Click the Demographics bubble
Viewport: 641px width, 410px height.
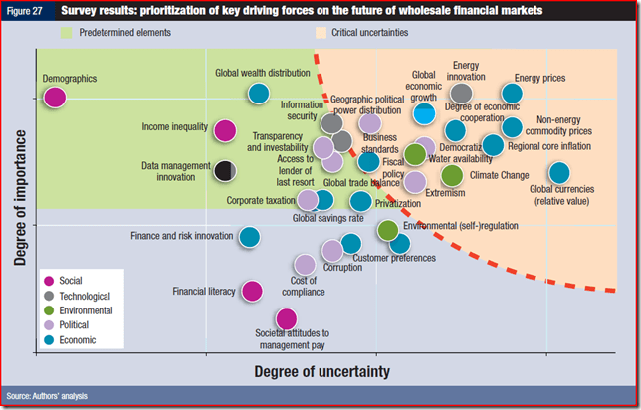pos(55,97)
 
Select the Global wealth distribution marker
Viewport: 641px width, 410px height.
pos(258,94)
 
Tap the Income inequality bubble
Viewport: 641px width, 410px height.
pos(225,129)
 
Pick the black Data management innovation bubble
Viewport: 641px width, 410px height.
pos(225,170)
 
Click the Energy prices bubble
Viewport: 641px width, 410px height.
pos(512,94)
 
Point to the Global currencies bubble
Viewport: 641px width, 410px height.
pos(559,173)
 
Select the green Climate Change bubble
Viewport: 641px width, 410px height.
pos(452,175)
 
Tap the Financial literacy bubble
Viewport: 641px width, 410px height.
pos(252,291)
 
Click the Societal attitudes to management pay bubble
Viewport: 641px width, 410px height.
pos(286,318)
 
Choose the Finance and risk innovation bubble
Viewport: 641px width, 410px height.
pos(249,237)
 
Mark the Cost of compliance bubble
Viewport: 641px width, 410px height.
pos(305,264)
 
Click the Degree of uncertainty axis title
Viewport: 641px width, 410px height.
pos(321,371)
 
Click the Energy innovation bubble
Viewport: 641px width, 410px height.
pos(461,94)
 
